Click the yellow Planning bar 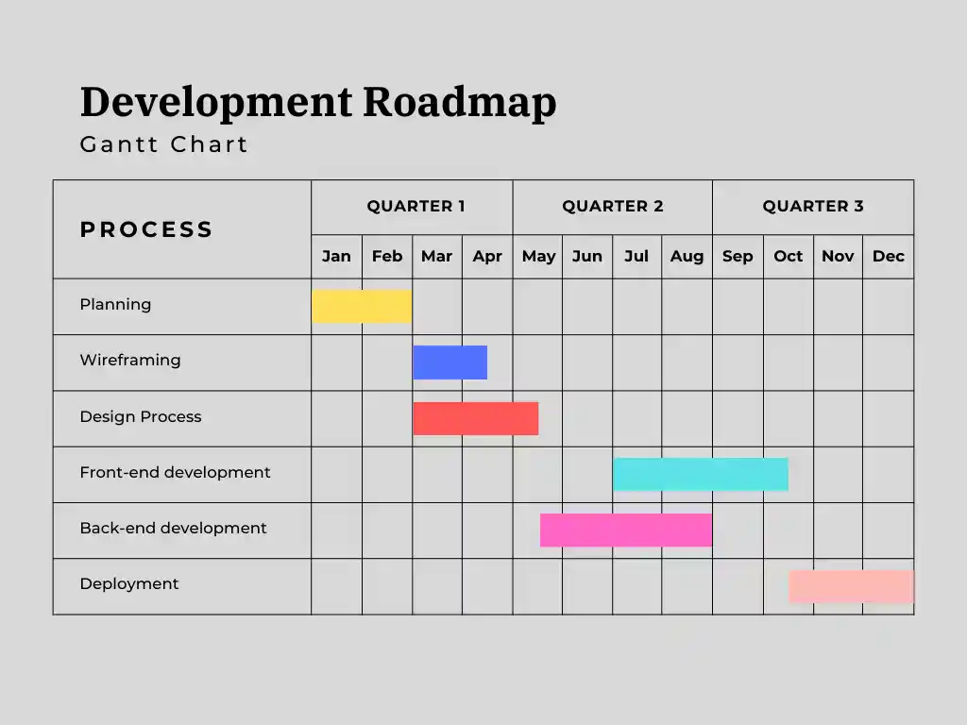point(362,306)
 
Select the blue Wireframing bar point(450,362)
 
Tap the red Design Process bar point(476,418)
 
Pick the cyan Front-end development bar point(701,474)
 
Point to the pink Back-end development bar point(626,530)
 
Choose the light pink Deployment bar point(851,586)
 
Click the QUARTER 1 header point(416,206)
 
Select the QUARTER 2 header point(613,206)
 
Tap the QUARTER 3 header point(813,206)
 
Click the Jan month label point(336,256)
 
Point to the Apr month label point(487,256)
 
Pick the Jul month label point(636,256)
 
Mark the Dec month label point(889,256)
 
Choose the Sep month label point(738,256)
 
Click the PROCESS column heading point(146,229)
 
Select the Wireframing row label point(130,360)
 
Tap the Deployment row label point(129,583)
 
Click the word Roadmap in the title point(460,102)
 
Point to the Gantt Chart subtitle point(164,144)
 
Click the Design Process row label point(141,416)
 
